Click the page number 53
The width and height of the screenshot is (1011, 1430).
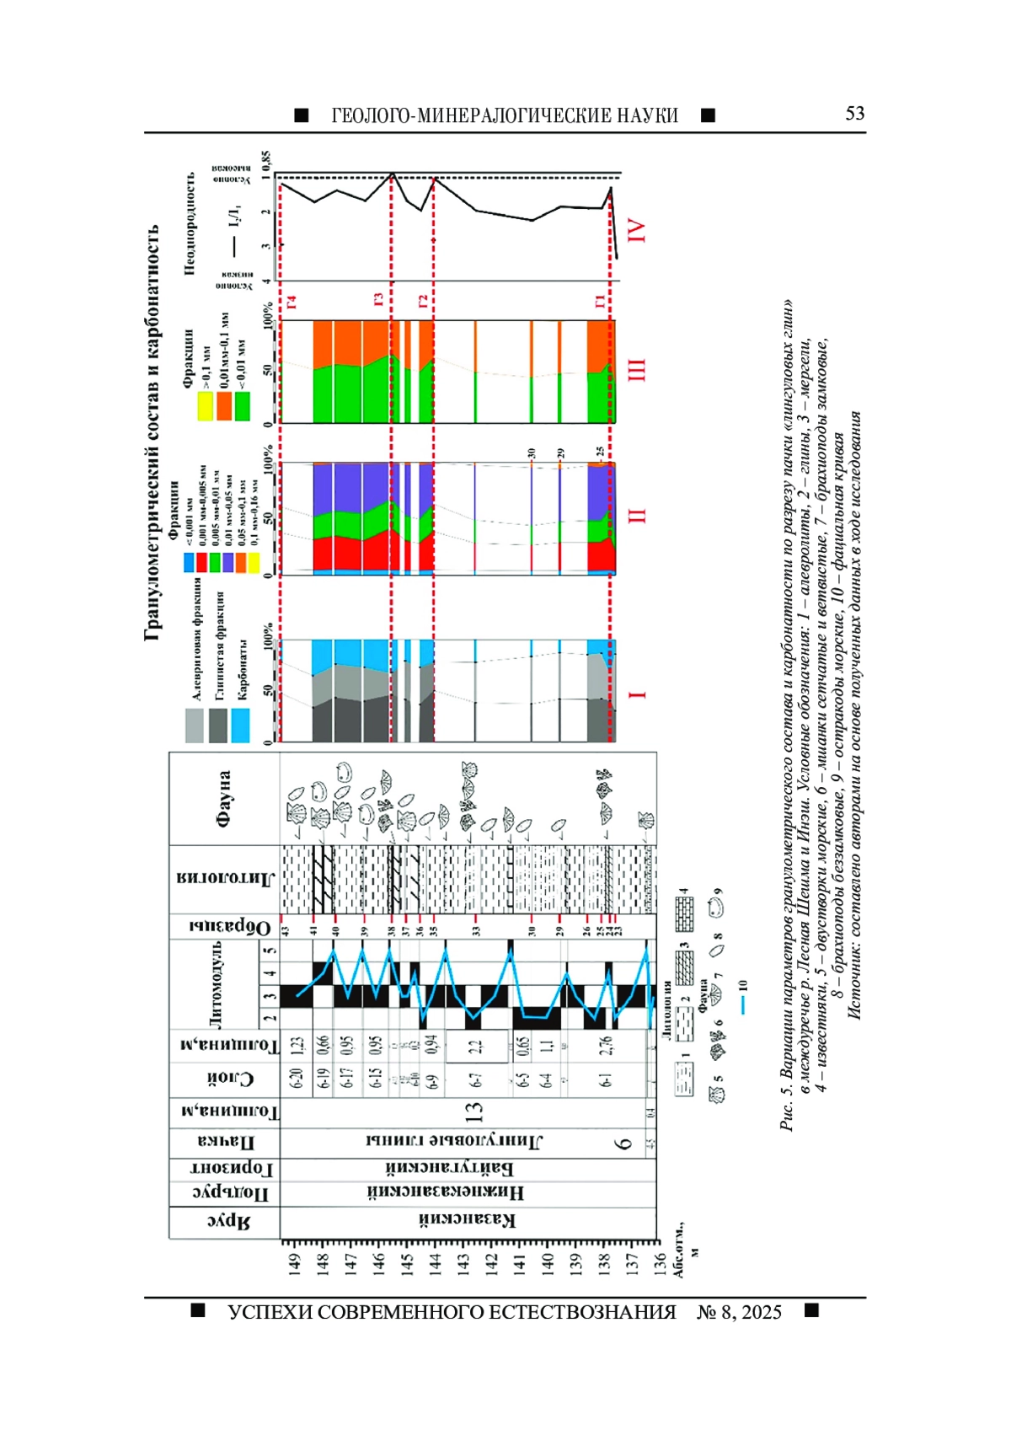tap(854, 114)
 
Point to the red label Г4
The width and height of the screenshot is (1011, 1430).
tap(291, 301)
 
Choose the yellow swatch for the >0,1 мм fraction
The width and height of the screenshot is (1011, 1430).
tap(205, 405)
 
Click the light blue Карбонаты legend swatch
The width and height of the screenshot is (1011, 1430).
tap(240, 725)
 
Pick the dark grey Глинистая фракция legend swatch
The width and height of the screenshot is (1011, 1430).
tap(218, 725)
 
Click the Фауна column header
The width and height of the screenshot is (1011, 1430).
tap(224, 798)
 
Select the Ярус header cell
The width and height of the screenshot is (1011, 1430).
tap(224, 1223)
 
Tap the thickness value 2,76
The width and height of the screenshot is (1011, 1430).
tap(605, 1045)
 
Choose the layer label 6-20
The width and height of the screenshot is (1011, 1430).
tap(296, 1078)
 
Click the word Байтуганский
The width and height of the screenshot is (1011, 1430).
tap(450, 1168)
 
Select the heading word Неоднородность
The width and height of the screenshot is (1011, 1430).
tap(190, 222)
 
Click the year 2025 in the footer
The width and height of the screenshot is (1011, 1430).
tap(762, 1312)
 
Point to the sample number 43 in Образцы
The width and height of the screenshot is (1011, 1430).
tap(286, 930)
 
